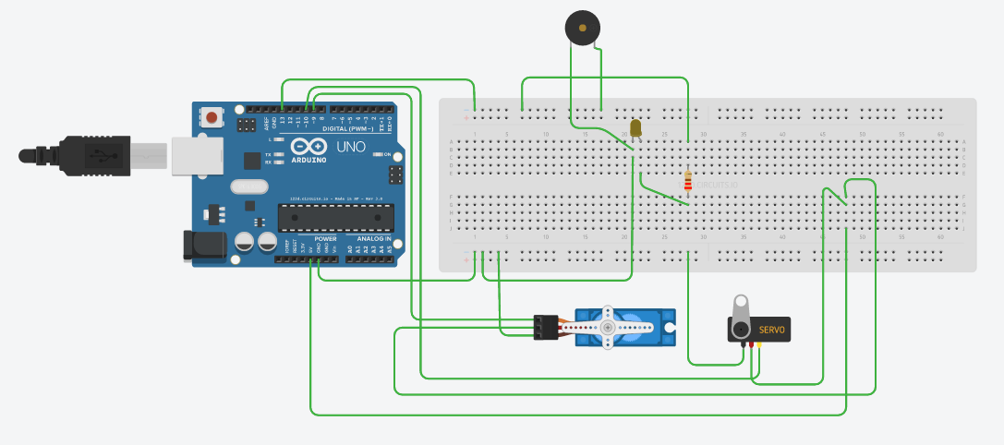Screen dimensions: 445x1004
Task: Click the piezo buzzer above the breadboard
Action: pyautogui.click(x=581, y=29)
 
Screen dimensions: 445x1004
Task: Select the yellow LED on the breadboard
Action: pyautogui.click(x=635, y=127)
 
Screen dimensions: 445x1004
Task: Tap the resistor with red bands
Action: pyautogui.click(x=687, y=180)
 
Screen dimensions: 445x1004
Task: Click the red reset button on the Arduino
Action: pyautogui.click(x=213, y=117)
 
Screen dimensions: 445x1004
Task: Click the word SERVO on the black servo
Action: pyautogui.click(x=772, y=330)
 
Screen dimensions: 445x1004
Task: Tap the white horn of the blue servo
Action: pyautogui.click(x=607, y=328)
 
